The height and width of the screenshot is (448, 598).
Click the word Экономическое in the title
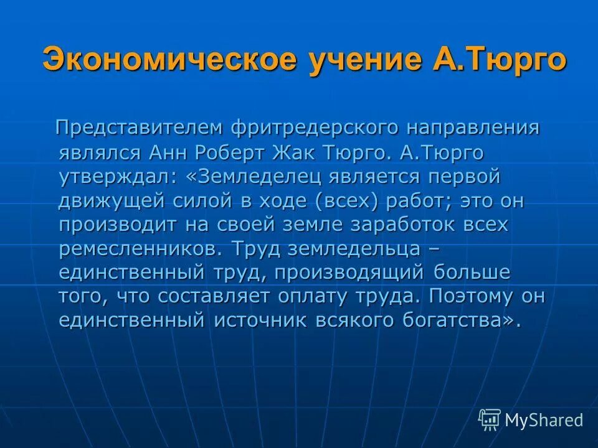[x=161, y=60]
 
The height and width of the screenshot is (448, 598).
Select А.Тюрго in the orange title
[x=498, y=60]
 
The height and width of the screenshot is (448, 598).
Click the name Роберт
[x=225, y=153]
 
